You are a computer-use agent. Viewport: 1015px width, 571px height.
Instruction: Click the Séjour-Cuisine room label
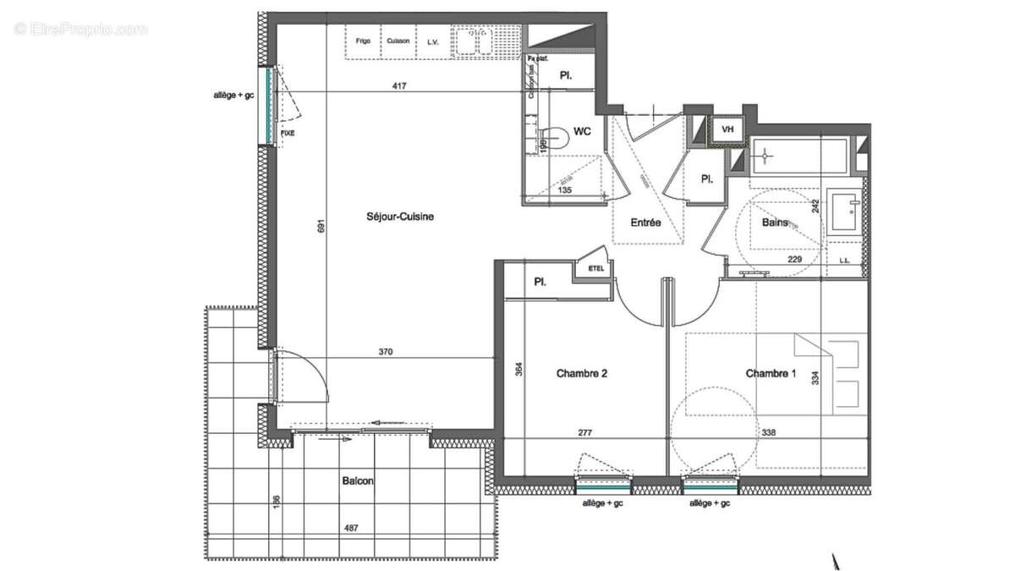[402, 217]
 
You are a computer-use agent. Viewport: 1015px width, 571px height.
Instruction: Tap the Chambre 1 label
[771, 373]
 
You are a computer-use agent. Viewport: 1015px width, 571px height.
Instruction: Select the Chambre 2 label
[582, 373]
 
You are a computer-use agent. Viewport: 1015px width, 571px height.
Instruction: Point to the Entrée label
[646, 223]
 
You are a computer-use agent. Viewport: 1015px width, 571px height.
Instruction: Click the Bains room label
[775, 223]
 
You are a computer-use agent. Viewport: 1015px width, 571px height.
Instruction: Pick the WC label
[582, 131]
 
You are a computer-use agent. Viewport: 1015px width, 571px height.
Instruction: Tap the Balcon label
[358, 480]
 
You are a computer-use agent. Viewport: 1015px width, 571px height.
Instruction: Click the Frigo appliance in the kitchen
[363, 41]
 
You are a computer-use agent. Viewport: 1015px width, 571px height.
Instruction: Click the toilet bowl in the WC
[554, 137]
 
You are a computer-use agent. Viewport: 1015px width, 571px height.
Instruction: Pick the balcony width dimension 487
[350, 529]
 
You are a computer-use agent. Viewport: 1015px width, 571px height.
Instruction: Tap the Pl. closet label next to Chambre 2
[539, 283]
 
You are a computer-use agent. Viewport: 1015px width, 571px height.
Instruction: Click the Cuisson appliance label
[398, 41]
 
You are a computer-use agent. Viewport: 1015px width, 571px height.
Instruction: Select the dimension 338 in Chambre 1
[769, 432]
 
